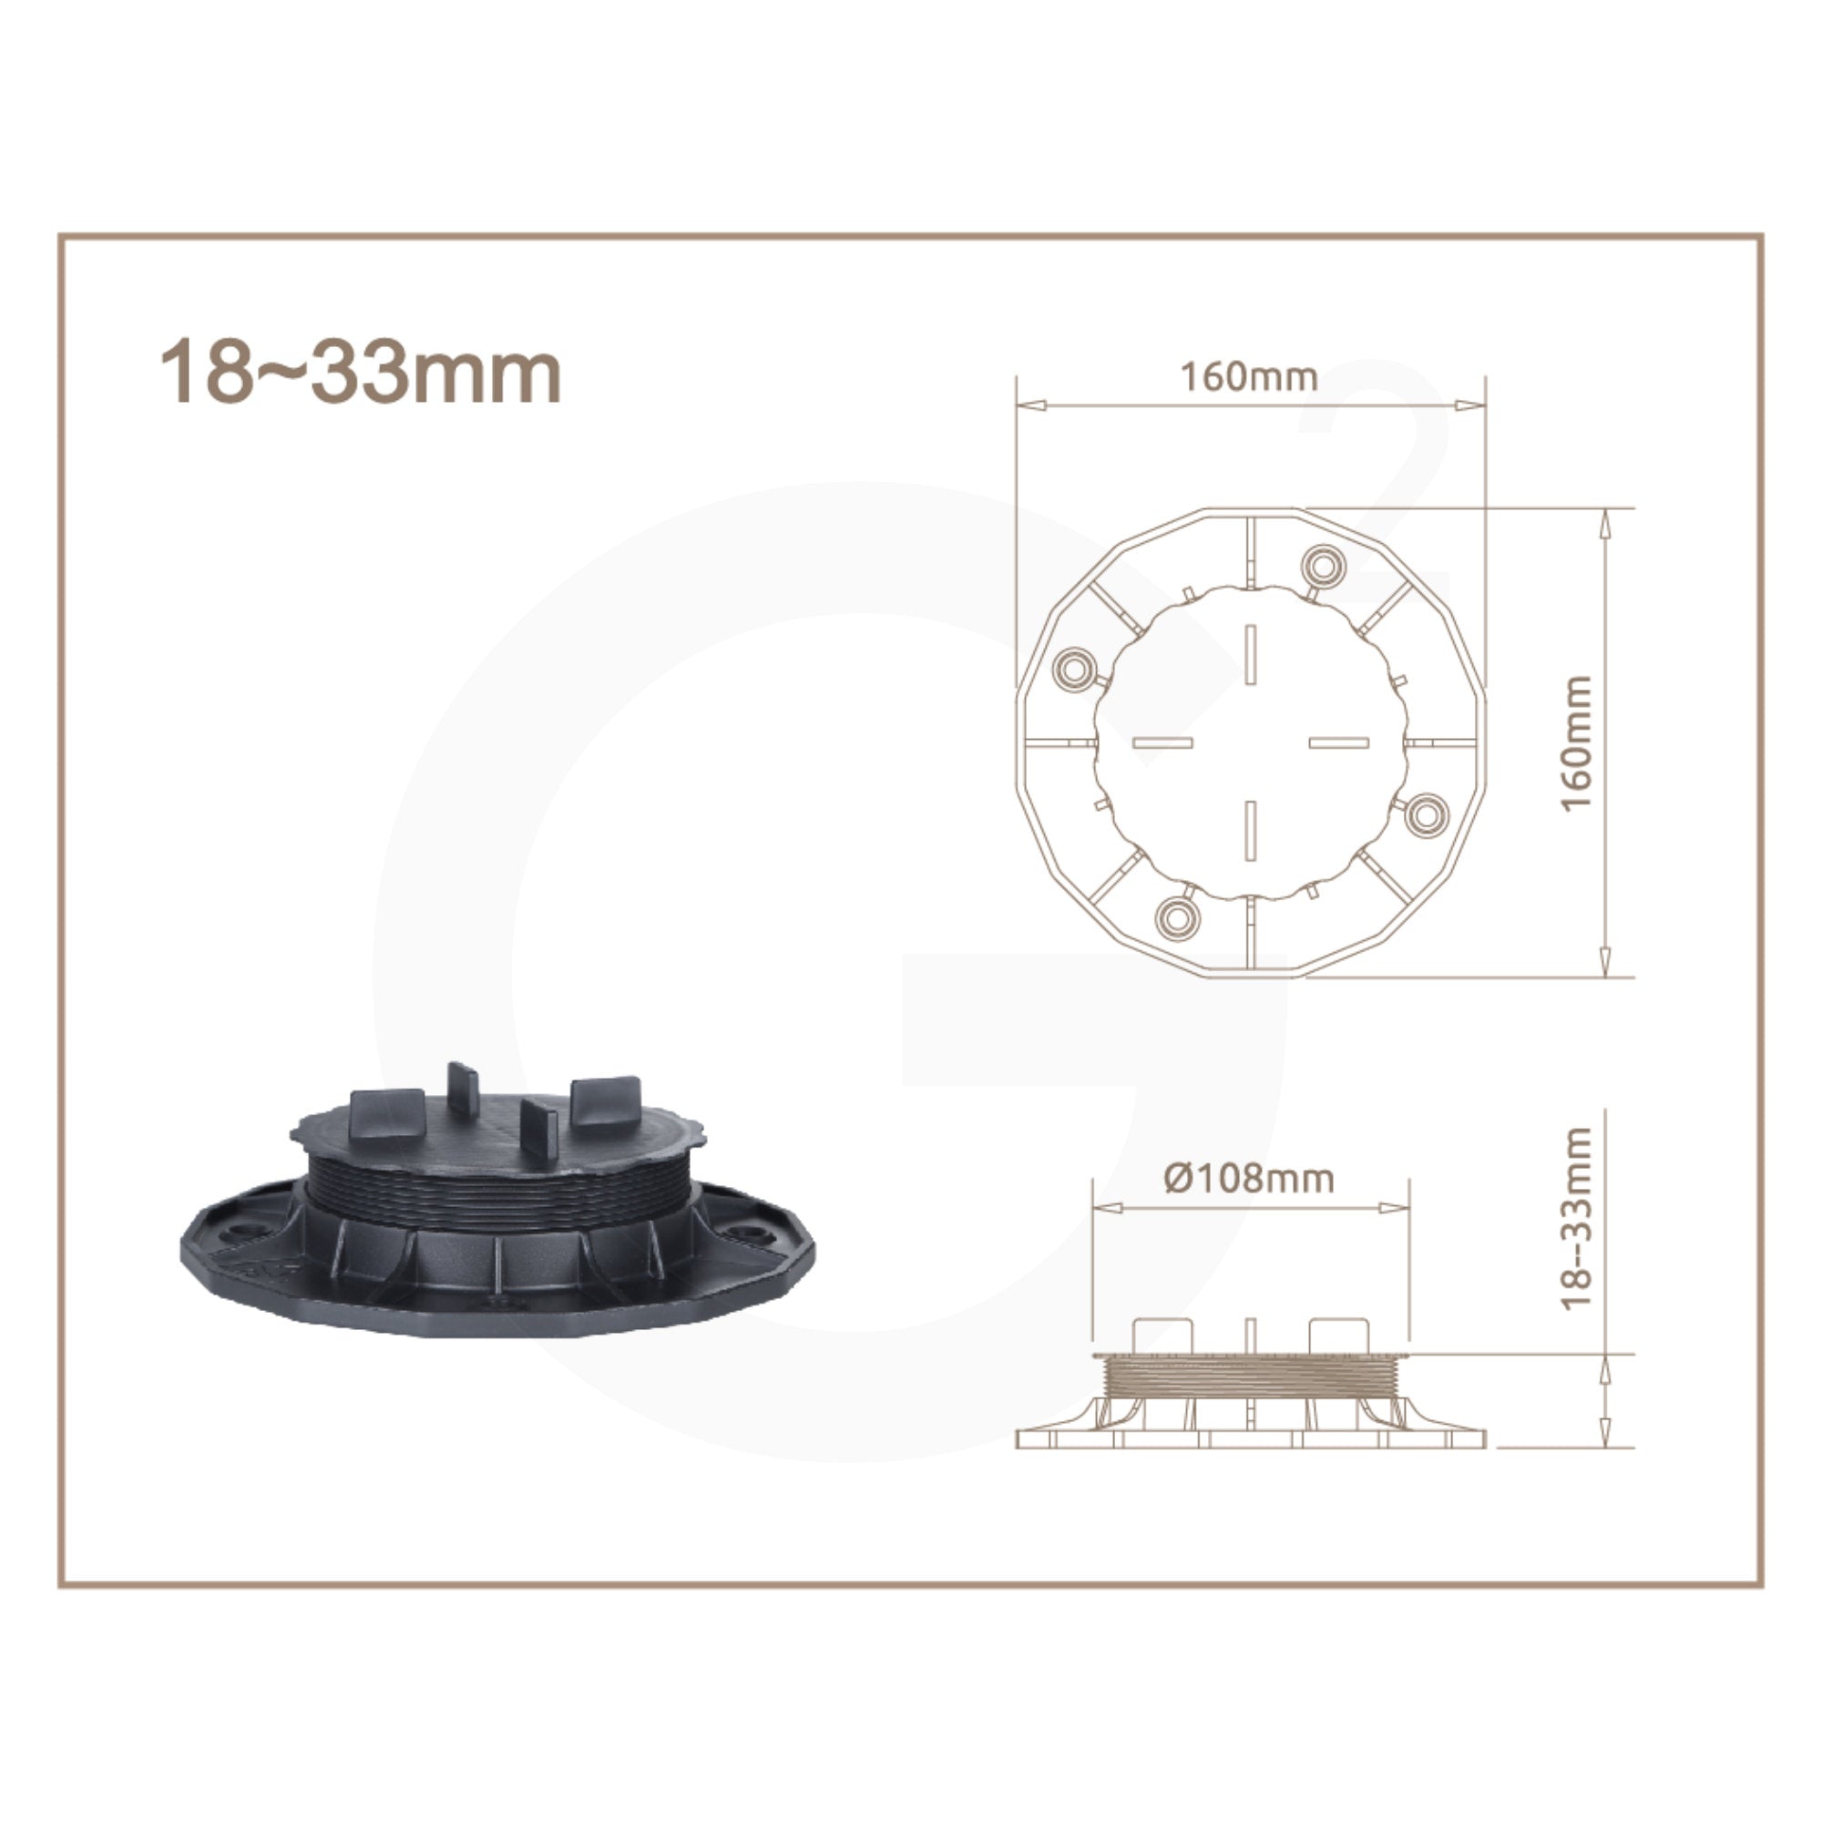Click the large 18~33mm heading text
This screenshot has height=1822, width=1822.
360,374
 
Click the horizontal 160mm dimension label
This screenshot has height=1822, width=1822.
1249,377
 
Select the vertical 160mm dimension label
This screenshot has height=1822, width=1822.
1575,742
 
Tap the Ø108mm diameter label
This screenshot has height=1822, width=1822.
1249,1178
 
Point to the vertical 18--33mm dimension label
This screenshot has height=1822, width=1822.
1575,1218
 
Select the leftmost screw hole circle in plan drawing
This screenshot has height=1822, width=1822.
1072,668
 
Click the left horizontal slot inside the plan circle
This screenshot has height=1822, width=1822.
1162,742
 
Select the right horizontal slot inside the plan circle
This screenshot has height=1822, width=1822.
1338,742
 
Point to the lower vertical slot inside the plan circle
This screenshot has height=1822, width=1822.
1251,829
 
